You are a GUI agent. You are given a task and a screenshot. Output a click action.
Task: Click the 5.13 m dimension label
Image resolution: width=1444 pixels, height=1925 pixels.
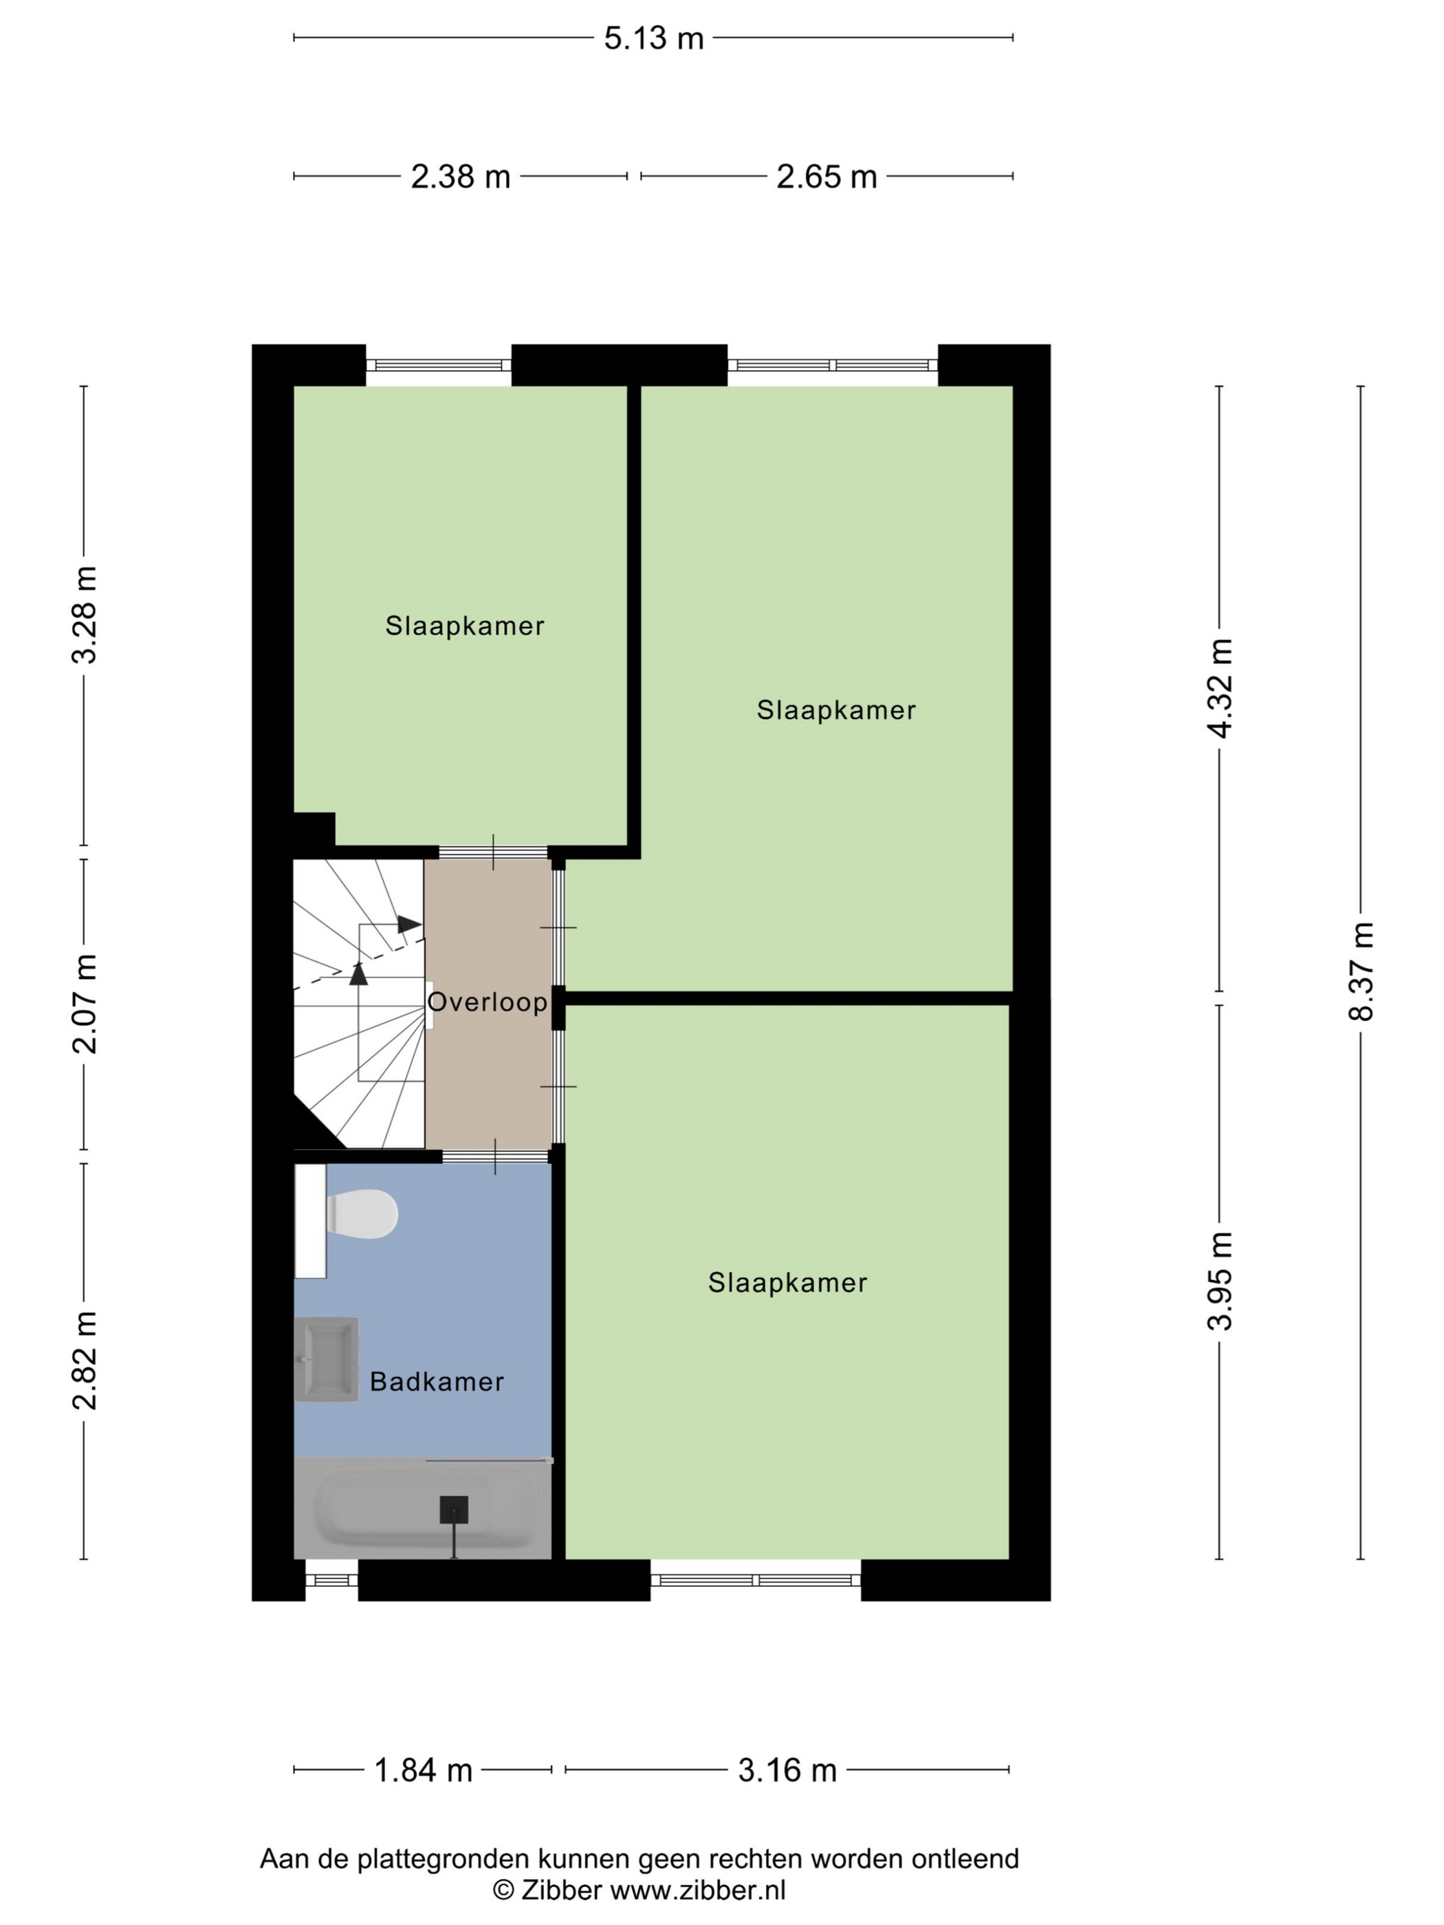[654, 38]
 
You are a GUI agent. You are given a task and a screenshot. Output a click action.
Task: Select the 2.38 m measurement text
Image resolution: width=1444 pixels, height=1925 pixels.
[461, 177]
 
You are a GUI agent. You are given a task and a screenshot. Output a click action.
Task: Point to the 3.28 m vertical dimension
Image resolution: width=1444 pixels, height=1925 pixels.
[85, 615]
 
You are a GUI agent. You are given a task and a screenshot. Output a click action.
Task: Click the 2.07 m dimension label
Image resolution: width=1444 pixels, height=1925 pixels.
[85, 1003]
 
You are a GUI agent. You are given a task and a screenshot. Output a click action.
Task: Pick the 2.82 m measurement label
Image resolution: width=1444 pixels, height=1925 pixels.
[85, 1360]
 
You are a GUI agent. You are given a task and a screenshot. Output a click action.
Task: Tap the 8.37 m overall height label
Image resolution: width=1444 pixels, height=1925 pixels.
[1361, 971]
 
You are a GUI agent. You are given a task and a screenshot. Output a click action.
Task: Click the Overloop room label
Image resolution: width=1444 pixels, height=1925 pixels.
[488, 1002]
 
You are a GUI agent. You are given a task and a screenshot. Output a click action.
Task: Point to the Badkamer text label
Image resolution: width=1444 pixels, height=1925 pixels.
[437, 1382]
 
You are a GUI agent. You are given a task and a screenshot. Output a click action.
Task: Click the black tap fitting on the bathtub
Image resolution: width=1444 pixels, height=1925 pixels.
[453, 1510]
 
